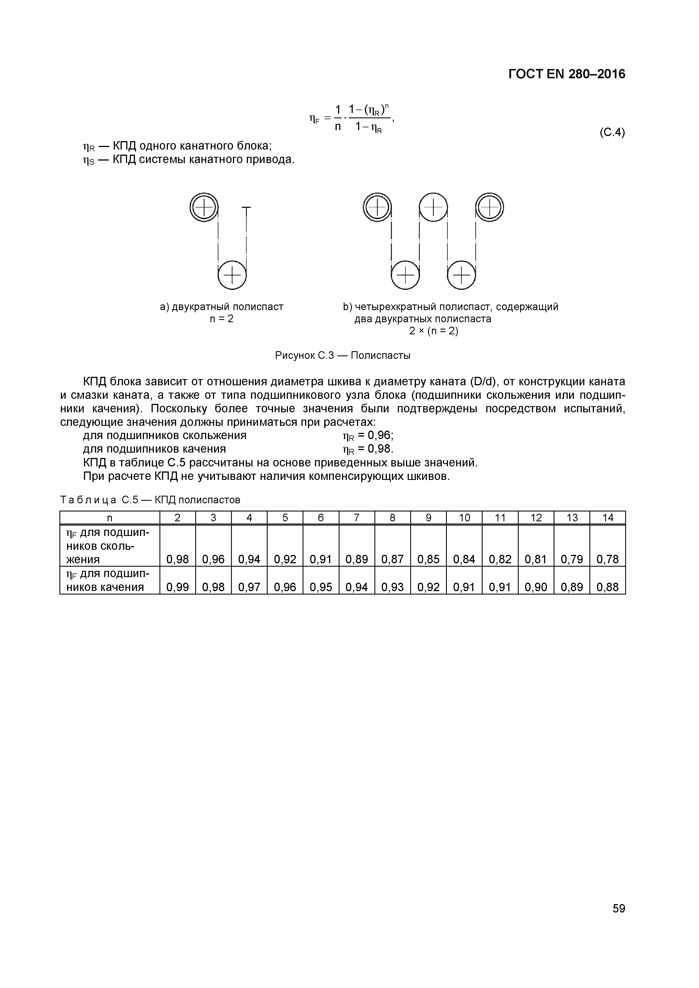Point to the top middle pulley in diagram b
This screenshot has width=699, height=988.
coord(433,207)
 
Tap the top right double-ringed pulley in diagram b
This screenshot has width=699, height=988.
coord(489,207)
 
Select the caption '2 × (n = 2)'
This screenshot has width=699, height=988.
coord(433,331)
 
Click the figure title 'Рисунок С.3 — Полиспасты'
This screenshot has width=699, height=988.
coord(343,355)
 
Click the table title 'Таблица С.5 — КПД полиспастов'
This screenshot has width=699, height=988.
coord(150,500)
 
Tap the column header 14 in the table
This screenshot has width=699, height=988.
coord(607,518)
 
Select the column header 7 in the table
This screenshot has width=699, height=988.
coord(356,518)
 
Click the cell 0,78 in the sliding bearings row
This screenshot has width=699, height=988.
coord(607,559)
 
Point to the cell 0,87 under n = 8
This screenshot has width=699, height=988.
coord(392,559)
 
